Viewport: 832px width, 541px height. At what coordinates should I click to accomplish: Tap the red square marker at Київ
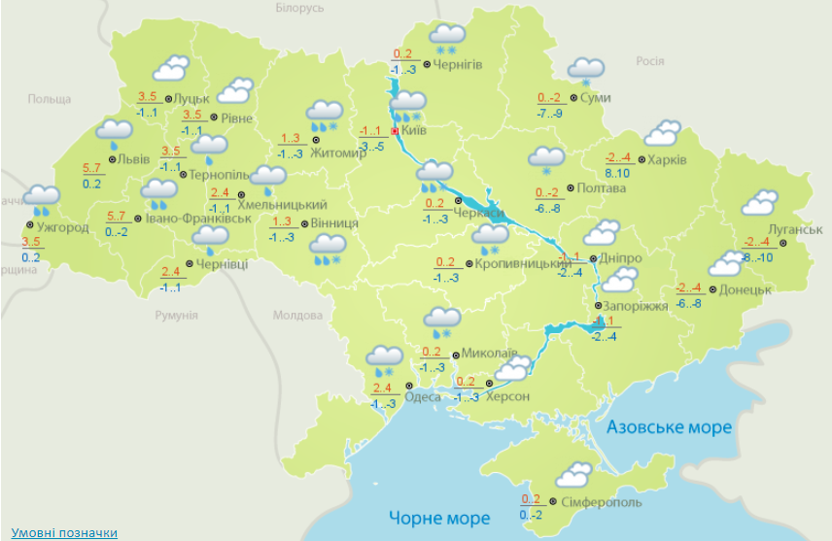(394, 130)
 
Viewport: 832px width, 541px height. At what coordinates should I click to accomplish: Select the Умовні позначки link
(64, 532)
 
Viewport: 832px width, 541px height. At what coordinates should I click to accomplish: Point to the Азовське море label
(669, 427)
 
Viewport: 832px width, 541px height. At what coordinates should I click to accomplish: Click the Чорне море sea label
(439, 518)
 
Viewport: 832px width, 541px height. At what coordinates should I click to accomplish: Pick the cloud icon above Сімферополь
(573, 476)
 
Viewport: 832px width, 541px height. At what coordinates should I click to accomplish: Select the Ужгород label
(61, 228)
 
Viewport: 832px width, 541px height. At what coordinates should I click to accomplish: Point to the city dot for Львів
(112, 159)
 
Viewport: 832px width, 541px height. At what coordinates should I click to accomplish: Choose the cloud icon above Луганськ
(759, 203)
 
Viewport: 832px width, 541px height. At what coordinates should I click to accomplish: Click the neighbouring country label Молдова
(296, 316)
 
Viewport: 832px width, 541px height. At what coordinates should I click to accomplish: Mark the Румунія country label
(177, 316)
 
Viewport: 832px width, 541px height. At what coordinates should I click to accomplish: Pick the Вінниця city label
(335, 223)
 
